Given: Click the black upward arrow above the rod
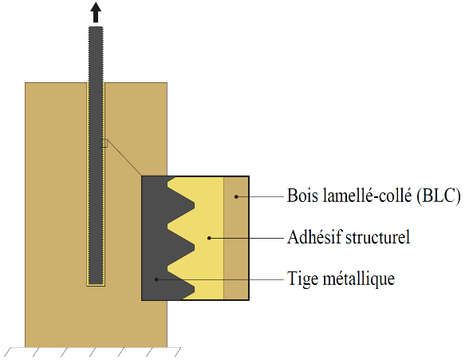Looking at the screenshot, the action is pos(96,12).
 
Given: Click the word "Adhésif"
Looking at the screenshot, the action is pos(314,237).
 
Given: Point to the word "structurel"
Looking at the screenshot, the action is pos(378,237).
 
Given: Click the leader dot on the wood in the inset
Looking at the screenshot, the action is pos(236,196).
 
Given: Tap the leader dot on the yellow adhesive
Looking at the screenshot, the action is pos(209,238).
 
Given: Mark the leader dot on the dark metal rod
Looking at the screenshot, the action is pos(156,279).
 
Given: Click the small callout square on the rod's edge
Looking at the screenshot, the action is pos(104,144).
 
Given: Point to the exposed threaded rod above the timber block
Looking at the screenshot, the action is pos(96,54).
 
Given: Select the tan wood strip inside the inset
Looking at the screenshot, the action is pos(236,238).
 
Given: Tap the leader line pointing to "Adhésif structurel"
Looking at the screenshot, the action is pos(246,238).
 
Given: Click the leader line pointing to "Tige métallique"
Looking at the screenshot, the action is pos(220,279).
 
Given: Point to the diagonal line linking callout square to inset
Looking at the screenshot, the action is pos(124,158).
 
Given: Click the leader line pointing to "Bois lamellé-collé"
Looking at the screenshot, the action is pos(260,196).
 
